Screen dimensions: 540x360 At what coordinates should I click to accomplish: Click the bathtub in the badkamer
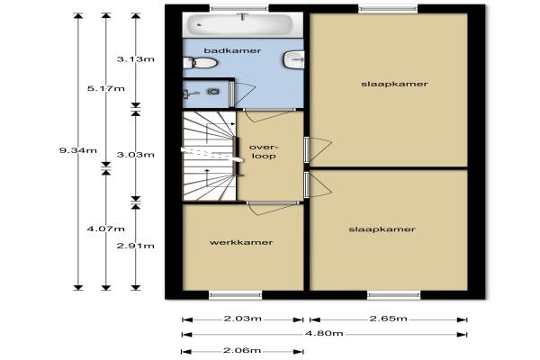coord(239,24)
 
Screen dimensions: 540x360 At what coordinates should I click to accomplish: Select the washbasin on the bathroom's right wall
coord(294,59)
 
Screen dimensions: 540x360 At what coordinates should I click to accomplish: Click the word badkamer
coord(232,51)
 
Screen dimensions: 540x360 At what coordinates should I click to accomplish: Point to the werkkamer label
coord(241,242)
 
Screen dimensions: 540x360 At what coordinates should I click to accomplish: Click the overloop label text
coord(264,151)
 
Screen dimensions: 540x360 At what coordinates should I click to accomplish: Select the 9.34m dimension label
coord(78,150)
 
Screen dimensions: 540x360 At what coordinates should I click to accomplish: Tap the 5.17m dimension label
coord(105,88)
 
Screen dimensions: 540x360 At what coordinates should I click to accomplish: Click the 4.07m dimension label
coord(105,229)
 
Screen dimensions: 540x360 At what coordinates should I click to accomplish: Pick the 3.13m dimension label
coord(136,59)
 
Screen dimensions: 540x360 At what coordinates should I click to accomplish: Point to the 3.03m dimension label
coord(136,155)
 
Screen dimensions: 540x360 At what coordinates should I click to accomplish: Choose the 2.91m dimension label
coord(136,246)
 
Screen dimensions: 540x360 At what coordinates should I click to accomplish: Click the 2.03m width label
coord(243,319)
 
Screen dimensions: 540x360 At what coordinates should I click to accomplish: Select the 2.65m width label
coord(389,319)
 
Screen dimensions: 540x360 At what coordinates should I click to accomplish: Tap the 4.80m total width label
coord(324,333)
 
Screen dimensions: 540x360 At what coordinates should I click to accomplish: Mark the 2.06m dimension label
coord(242,351)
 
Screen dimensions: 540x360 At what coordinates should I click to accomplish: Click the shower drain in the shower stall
coord(213,91)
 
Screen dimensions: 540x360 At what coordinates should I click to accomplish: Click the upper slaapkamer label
coord(394,84)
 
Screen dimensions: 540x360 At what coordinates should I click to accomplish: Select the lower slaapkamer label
coord(382,229)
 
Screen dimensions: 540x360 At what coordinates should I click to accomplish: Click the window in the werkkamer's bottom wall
coord(236,295)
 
